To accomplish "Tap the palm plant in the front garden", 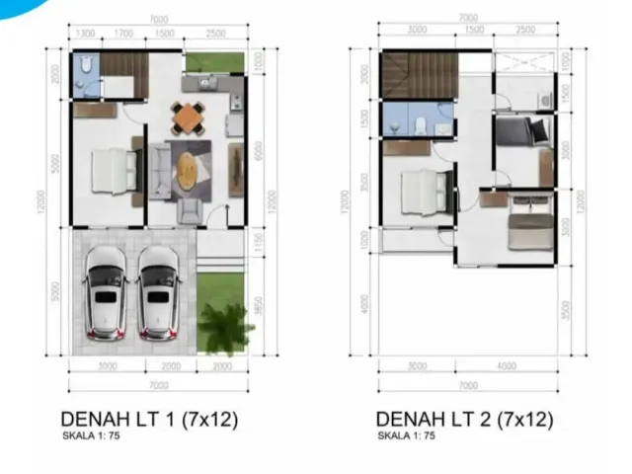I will click(x=225, y=326).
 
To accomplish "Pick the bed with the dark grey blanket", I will click(x=525, y=132).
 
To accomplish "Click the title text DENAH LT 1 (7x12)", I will click(x=149, y=419).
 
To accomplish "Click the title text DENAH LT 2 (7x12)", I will click(x=464, y=419).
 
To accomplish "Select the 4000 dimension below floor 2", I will click(x=507, y=366).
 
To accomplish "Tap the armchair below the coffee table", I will click(x=187, y=209).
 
